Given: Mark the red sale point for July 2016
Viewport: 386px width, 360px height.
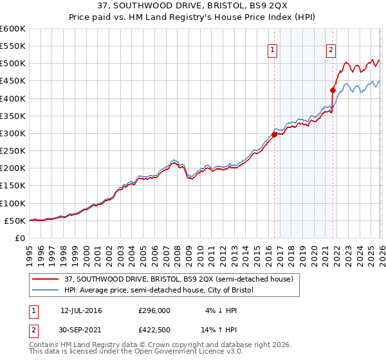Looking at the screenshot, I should (274, 134).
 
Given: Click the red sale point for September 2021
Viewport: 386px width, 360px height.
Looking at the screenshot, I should (333, 91).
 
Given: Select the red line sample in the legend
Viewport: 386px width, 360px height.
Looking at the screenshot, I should (46, 279).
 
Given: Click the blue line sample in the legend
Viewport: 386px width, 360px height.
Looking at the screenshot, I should (46, 290).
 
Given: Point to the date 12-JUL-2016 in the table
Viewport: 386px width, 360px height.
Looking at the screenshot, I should (81, 310).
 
